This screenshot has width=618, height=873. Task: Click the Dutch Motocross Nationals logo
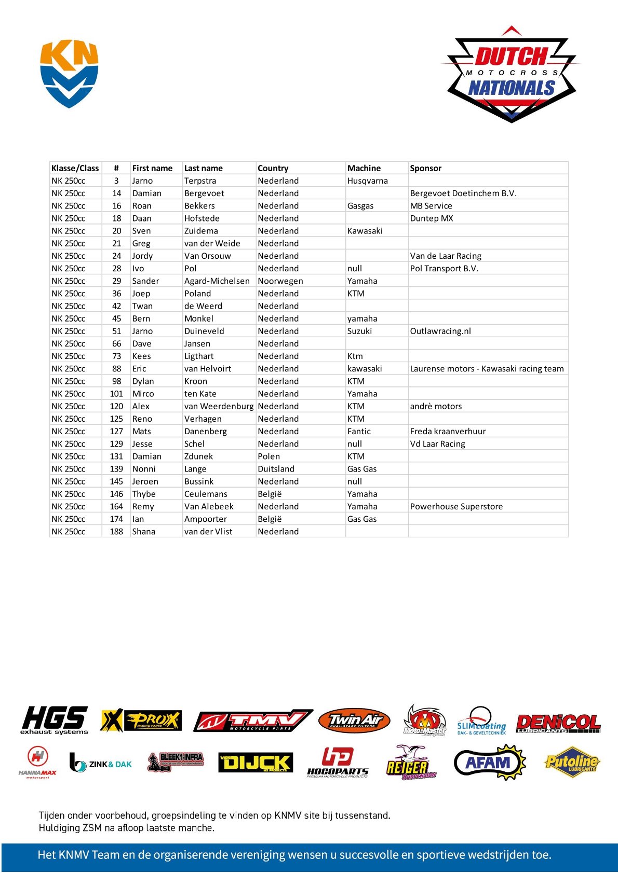click(x=512, y=76)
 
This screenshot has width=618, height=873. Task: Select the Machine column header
click(x=364, y=168)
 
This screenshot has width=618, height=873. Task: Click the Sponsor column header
click(x=425, y=168)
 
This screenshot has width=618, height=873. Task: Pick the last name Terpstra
click(x=200, y=181)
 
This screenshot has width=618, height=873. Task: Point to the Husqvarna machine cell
click(x=367, y=181)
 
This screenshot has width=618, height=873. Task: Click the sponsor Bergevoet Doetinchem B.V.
click(x=463, y=193)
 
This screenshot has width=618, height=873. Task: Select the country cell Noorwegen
click(x=280, y=281)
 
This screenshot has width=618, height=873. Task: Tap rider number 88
click(x=116, y=368)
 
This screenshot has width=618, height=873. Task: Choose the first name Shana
click(x=143, y=531)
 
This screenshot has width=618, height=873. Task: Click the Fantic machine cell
click(x=359, y=431)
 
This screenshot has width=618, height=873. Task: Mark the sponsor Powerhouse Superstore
click(x=456, y=506)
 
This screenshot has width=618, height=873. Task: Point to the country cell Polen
click(x=268, y=456)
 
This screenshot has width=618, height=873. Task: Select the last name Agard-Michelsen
click(x=217, y=281)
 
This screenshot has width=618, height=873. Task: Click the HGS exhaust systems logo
click(x=55, y=720)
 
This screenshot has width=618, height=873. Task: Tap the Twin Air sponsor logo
click(x=354, y=720)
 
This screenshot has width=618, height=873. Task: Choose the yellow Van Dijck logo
click(x=256, y=763)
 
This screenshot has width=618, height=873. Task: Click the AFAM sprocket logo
click(x=490, y=763)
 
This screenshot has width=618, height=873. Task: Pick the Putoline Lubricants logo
click(x=572, y=762)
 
